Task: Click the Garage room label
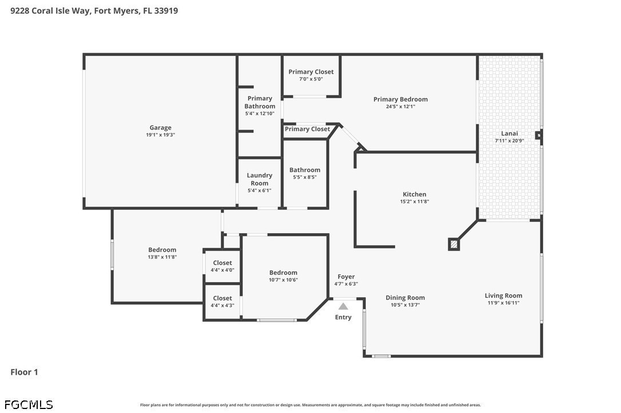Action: click(x=160, y=128)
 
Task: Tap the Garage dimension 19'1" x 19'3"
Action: click(x=160, y=135)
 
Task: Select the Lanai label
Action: click(x=509, y=133)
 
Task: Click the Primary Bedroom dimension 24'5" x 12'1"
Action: click(x=400, y=106)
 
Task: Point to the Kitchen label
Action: click(x=414, y=194)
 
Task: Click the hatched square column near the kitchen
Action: click(x=453, y=244)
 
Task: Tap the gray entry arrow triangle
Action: click(x=343, y=306)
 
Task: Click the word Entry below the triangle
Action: click(x=343, y=317)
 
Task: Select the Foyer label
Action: click(x=346, y=276)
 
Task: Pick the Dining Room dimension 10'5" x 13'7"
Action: click(x=405, y=305)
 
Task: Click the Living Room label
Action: click(x=503, y=295)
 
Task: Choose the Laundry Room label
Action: click(x=260, y=179)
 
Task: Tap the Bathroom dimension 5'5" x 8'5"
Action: click(x=305, y=177)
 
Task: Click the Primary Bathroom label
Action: click(x=260, y=102)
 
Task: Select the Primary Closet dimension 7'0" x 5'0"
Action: click(x=311, y=79)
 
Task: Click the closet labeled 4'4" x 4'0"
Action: click(x=222, y=266)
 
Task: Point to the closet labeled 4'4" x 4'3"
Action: click(x=222, y=302)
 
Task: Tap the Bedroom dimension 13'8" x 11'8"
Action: click(x=162, y=257)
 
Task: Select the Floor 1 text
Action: click(x=24, y=372)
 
